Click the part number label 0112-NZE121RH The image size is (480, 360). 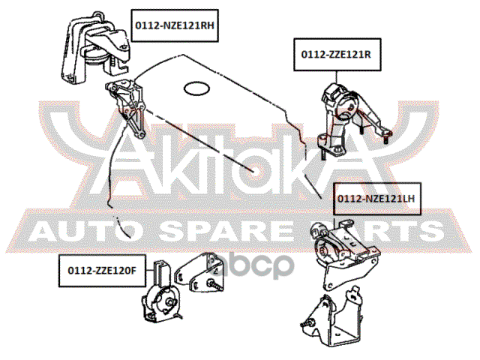[175, 25]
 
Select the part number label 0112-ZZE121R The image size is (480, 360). [337, 55]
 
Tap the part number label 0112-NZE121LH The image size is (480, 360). [376, 199]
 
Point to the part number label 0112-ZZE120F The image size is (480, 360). [102, 271]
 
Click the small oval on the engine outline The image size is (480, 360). [196, 88]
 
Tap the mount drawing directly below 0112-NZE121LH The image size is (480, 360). [344, 253]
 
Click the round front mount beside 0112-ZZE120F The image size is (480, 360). [161, 292]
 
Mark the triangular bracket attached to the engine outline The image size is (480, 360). [125, 108]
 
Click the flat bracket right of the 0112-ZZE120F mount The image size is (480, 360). [199, 271]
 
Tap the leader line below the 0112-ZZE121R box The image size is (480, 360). [337, 77]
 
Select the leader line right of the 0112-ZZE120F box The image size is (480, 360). [149, 270]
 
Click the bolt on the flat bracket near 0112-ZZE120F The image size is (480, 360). [215, 285]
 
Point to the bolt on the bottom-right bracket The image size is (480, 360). [307, 323]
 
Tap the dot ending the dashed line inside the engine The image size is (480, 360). [253, 171]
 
